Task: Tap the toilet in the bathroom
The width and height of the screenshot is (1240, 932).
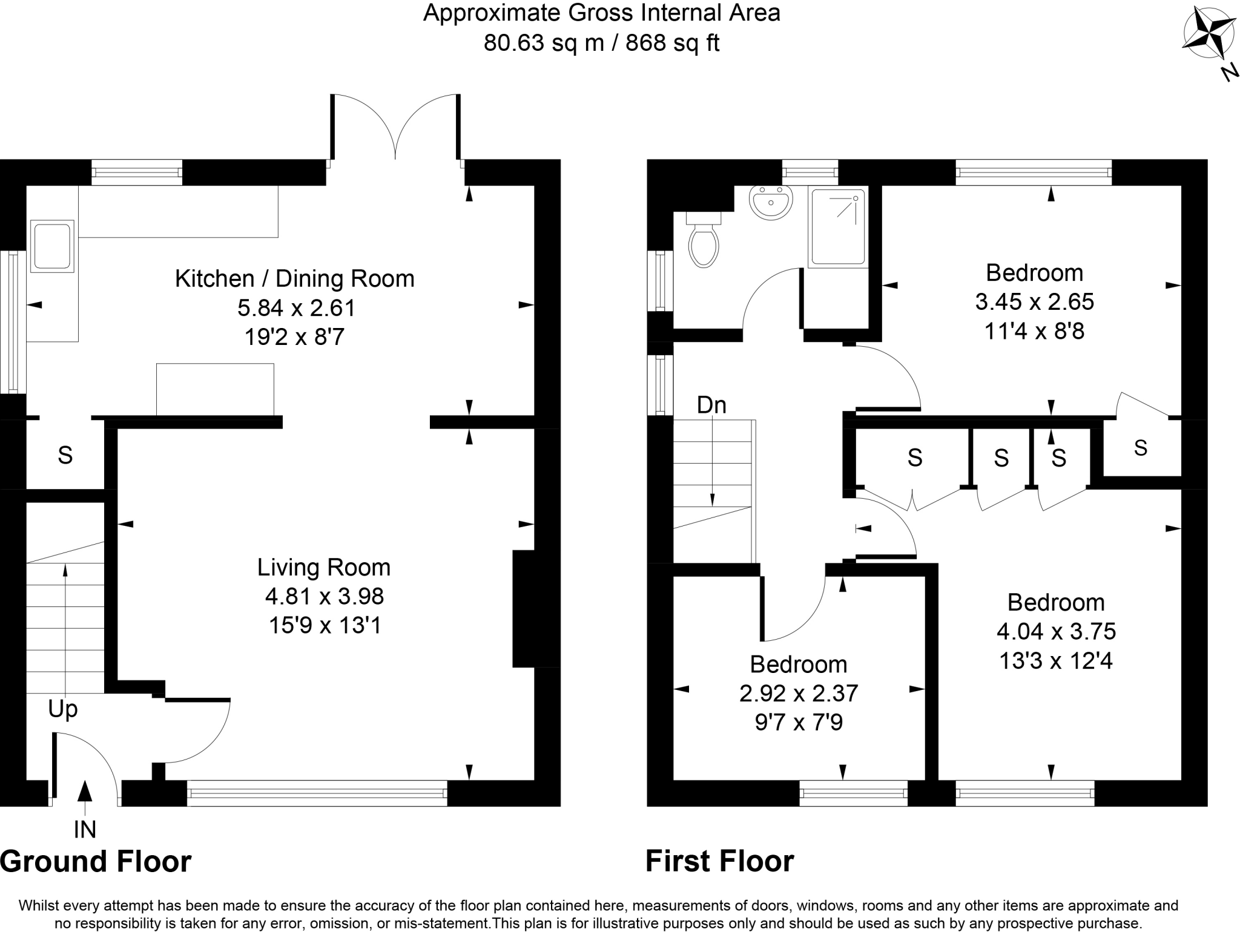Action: click(703, 240)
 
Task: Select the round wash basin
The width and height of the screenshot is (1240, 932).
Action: click(771, 202)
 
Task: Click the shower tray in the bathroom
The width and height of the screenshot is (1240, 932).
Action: click(838, 227)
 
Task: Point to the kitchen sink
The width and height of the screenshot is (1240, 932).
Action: click(52, 246)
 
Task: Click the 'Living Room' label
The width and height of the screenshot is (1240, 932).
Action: click(324, 568)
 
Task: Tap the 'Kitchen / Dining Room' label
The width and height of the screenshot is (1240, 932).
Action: click(295, 279)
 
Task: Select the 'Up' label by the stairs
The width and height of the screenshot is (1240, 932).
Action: click(63, 709)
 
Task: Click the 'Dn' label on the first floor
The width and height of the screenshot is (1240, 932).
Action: click(711, 405)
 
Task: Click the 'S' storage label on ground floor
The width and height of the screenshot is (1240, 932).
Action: click(65, 455)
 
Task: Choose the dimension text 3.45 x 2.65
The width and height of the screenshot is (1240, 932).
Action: click(1035, 301)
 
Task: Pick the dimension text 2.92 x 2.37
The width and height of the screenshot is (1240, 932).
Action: click(799, 694)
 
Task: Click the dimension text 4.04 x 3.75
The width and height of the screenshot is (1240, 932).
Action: click(1056, 632)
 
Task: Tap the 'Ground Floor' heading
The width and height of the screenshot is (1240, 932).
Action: click(96, 861)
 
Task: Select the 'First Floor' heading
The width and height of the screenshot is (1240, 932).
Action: click(720, 861)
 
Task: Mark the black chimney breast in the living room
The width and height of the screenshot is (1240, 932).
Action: click(524, 608)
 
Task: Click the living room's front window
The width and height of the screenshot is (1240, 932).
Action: click(317, 793)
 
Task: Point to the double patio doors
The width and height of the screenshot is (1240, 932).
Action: click(395, 127)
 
